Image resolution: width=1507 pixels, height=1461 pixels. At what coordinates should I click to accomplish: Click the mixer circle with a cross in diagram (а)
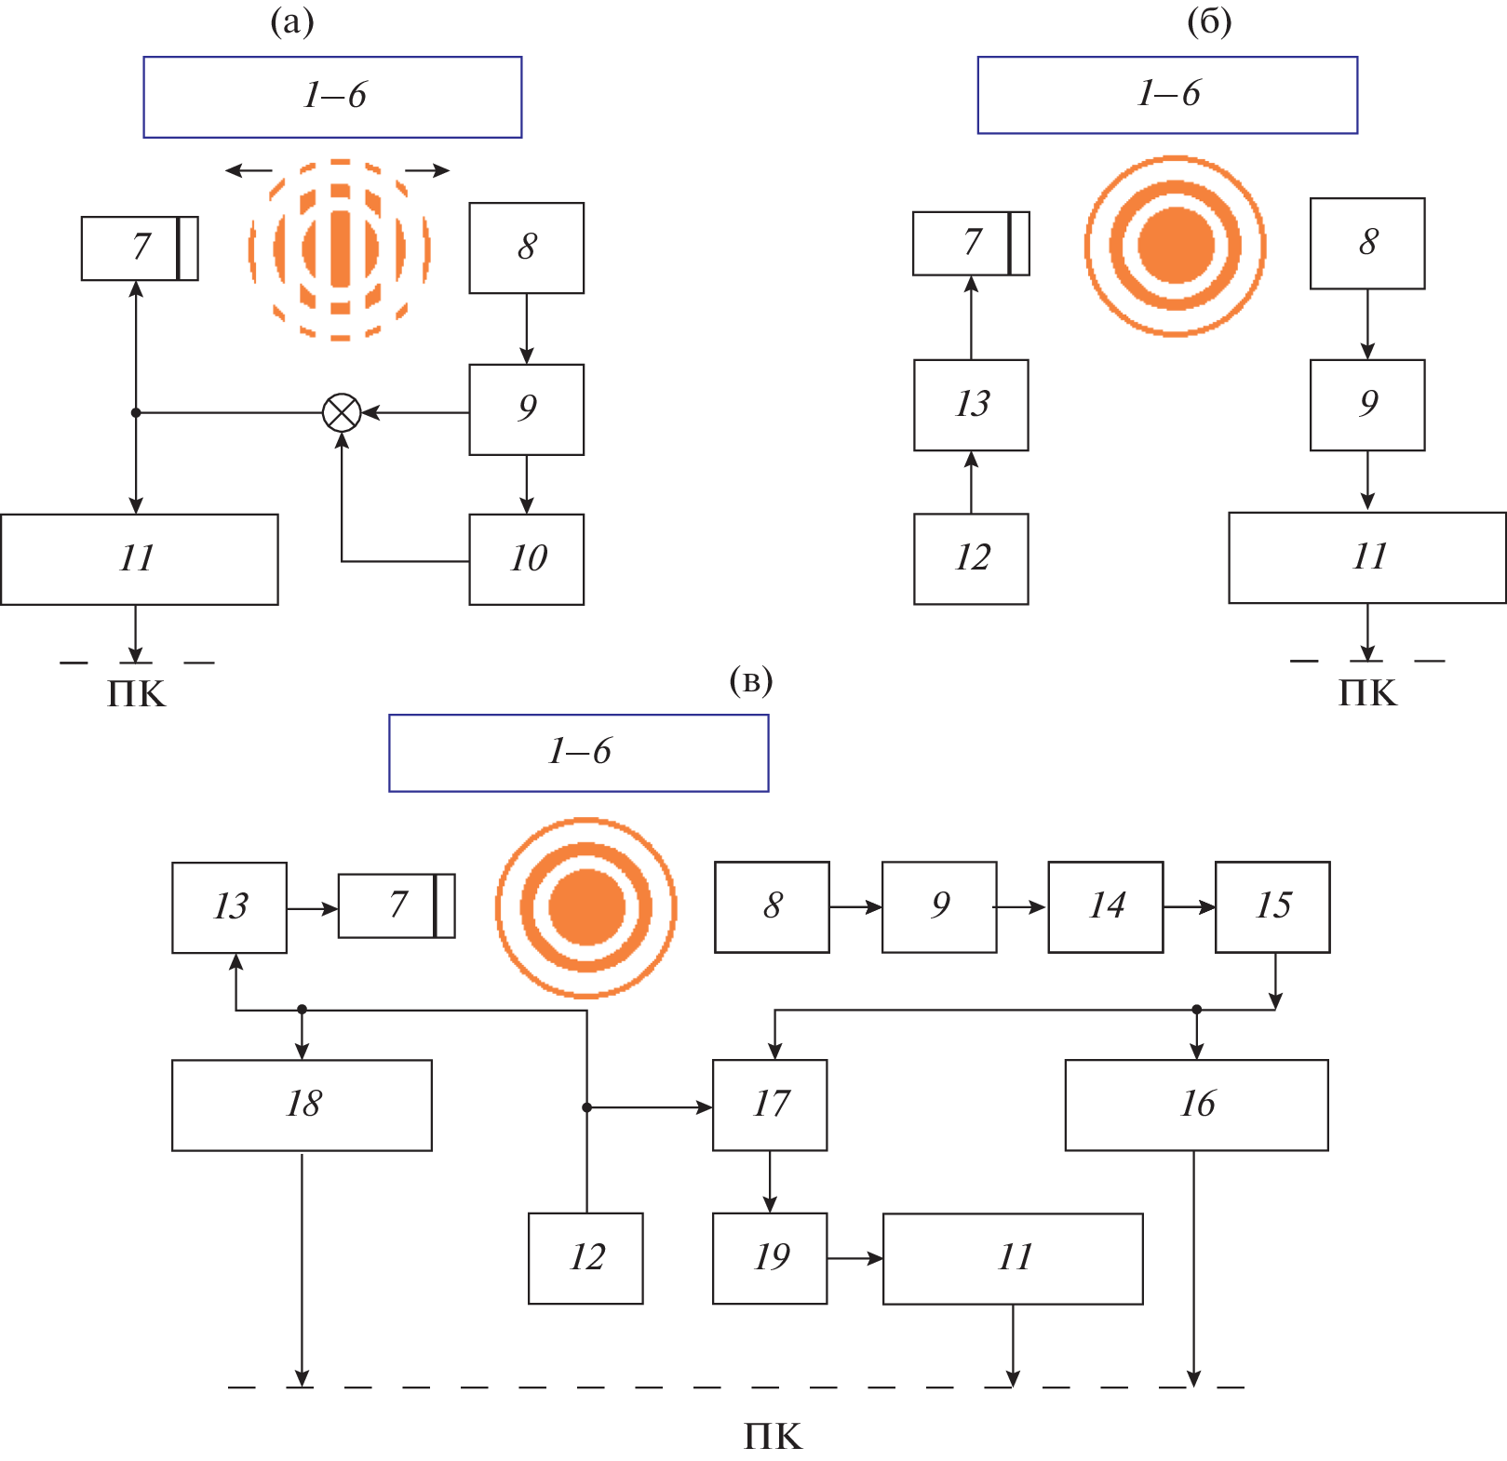tap(342, 412)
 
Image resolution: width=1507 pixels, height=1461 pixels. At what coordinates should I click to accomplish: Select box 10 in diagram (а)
tap(527, 559)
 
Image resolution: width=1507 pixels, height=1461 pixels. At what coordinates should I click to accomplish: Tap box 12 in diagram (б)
tap(971, 558)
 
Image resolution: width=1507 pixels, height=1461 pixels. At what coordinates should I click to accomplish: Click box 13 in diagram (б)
tap(971, 405)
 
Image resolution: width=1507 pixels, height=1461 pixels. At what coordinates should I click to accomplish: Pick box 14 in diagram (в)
tap(1106, 906)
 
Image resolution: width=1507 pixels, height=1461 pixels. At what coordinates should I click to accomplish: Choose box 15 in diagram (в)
tap(1272, 906)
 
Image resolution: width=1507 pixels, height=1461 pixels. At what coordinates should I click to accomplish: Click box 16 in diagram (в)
tap(1196, 1105)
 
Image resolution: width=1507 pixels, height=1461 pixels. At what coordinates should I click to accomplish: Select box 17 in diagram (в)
tap(770, 1105)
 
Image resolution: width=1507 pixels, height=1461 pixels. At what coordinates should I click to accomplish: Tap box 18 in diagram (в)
tap(302, 1105)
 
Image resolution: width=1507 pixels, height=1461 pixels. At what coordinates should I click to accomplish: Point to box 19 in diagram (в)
tap(770, 1258)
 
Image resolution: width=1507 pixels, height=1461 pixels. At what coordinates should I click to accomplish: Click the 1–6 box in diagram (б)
tap(1167, 95)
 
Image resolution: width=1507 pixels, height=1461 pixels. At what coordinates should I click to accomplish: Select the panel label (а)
tap(291, 21)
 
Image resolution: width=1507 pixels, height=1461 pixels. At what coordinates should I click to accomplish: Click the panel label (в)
tap(750, 681)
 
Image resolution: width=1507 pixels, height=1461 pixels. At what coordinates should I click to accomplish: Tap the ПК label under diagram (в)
tap(773, 1437)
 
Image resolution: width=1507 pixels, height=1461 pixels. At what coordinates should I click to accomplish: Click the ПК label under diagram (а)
tap(136, 694)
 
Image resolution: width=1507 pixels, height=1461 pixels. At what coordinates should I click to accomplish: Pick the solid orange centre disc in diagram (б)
tap(1176, 246)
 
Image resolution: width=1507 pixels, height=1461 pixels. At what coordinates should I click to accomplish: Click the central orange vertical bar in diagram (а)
tap(340, 248)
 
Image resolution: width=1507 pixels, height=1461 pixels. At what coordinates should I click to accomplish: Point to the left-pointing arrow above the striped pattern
tap(248, 170)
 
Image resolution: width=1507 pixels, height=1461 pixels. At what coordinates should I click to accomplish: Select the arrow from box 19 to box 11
tap(854, 1258)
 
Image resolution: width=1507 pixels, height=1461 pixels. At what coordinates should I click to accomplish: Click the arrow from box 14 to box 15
tap(1189, 906)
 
